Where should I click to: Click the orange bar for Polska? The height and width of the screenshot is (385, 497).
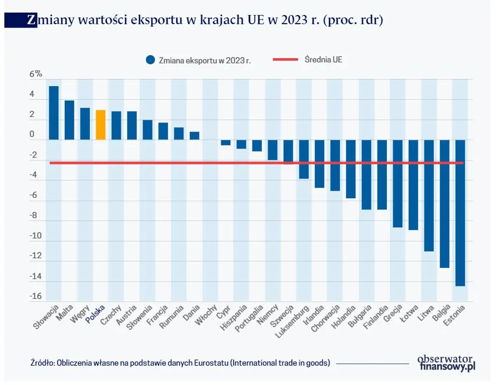click(x=100, y=125)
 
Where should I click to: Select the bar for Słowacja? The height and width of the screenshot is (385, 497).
click(x=54, y=113)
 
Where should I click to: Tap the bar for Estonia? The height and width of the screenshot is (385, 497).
click(x=460, y=213)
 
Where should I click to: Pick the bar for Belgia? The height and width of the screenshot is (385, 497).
click(x=444, y=204)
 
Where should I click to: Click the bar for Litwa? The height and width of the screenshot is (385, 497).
click(x=429, y=195)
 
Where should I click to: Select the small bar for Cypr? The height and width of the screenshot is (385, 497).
click(x=226, y=143)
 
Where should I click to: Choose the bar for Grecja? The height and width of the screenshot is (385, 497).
click(x=398, y=183)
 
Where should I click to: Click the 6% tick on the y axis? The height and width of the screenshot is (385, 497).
click(x=36, y=74)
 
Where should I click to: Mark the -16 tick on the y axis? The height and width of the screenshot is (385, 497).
click(x=36, y=296)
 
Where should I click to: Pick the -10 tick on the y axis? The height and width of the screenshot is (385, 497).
click(x=36, y=236)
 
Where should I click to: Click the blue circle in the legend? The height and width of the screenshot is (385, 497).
click(x=150, y=60)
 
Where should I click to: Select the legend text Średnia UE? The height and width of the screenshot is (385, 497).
click(x=323, y=59)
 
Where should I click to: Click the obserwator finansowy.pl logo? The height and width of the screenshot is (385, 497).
click(x=446, y=363)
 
